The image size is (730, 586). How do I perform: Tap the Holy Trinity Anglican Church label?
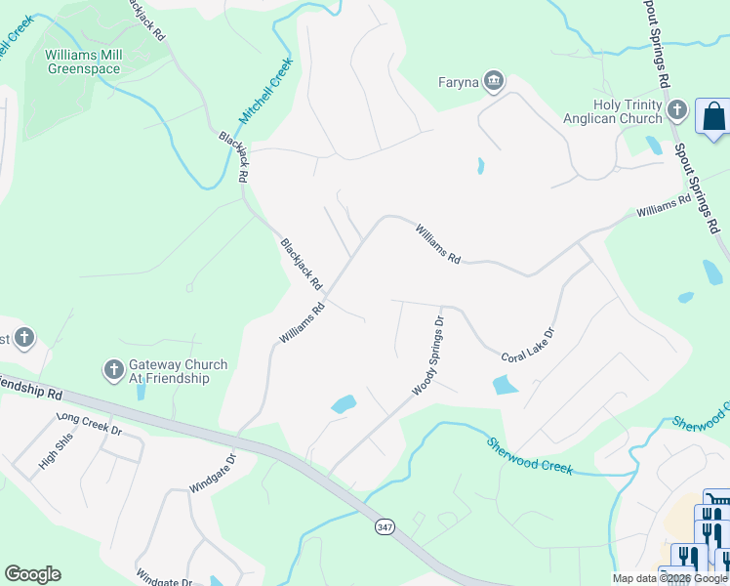(613, 112)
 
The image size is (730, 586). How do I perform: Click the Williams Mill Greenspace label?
(83, 63)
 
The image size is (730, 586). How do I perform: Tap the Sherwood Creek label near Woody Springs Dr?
(530, 456)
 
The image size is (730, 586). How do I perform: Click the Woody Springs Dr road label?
(428, 356)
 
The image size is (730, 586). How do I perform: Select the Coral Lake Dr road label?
(527, 345)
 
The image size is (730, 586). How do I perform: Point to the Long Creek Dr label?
(90, 424)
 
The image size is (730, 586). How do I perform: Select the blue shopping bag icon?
(714, 116)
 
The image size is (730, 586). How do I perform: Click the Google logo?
(32, 574)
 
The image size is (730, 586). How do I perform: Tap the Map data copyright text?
(669, 578)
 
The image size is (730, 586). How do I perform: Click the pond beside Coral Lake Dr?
(506, 385)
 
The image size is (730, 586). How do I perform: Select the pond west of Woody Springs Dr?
(343, 403)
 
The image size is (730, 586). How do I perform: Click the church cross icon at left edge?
(24, 339)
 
